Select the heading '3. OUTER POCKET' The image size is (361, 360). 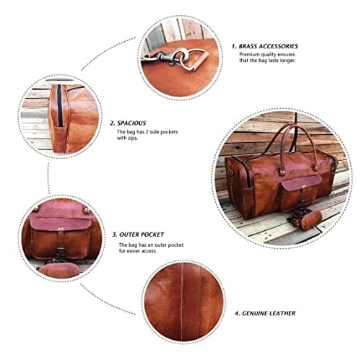[139, 234]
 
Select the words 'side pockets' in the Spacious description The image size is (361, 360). [170, 133]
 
